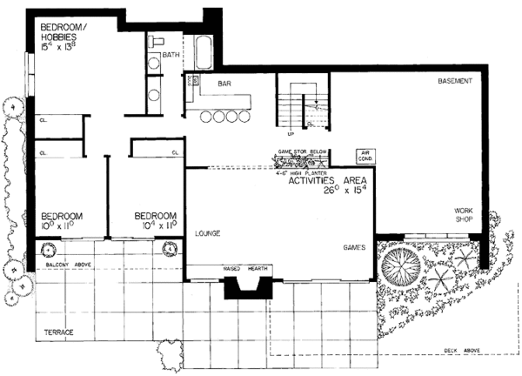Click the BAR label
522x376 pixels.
(224, 84)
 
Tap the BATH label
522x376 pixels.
(171, 55)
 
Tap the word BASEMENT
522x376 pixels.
(456, 81)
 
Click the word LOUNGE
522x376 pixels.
(207, 233)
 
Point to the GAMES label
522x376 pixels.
(354, 248)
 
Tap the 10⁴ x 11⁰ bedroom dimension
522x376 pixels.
(156, 225)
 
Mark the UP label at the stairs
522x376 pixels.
(290, 135)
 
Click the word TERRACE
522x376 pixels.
(57, 332)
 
